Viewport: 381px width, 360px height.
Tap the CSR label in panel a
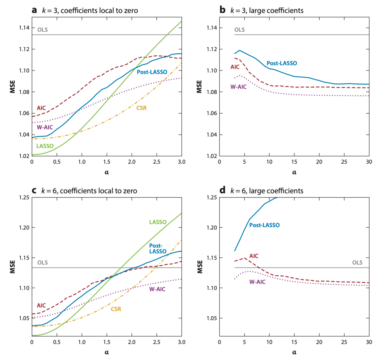(141, 107)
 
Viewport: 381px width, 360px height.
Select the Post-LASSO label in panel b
(282, 63)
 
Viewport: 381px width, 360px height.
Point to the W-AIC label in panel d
(257, 282)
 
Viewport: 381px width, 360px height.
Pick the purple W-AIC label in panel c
(157, 289)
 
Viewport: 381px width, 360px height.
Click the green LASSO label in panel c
(158, 222)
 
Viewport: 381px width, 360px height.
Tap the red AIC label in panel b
(235, 67)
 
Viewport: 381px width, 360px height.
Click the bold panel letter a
(34, 10)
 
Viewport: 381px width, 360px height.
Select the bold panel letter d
(222, 191)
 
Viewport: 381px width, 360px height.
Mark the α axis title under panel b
(294, 172)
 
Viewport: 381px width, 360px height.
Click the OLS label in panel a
(42, 30)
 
